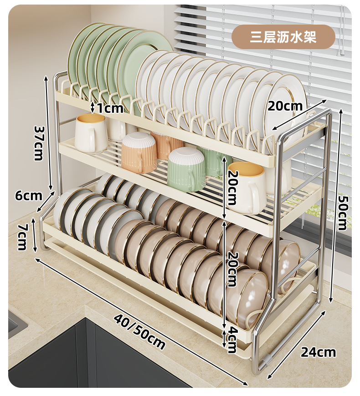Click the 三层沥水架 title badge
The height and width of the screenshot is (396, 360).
[283, 37]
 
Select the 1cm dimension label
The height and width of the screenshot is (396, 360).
[110, 108]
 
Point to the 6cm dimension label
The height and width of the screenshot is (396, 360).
[28, 196]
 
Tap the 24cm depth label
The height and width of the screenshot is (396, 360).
[318, 352]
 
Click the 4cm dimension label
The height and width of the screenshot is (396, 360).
[231, 339]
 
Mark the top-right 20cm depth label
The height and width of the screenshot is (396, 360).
[285, 106]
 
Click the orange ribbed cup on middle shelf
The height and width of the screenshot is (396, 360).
[139, 152]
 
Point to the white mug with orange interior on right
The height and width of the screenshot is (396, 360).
[248, 187]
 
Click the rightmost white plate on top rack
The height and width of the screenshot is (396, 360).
[287, 105]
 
